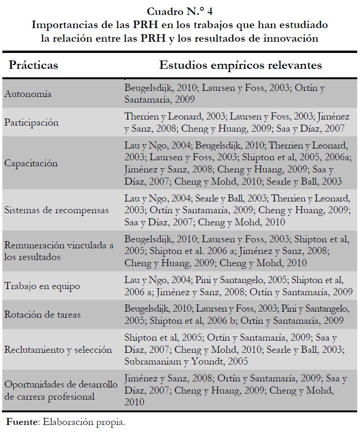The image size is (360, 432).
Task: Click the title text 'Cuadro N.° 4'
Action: [x=180, y=12]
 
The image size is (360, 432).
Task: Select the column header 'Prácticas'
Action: [x=33, y=65]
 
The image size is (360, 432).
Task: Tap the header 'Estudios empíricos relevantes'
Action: [x=240, y=65]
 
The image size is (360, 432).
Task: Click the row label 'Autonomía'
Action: [x=28, y=94]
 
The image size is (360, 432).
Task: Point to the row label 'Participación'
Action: [x=32, y=123]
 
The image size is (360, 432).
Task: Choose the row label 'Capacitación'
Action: [x=31, y=164]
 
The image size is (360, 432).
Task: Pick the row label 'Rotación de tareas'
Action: [x=43, y=314]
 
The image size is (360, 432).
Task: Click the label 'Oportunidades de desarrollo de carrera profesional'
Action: [x=61, y=390]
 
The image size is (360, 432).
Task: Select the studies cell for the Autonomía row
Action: [x=225, y=94]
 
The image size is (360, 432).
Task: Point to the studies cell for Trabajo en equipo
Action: [x=238, y=286]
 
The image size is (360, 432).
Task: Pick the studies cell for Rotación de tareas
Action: [x=235, y=314]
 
